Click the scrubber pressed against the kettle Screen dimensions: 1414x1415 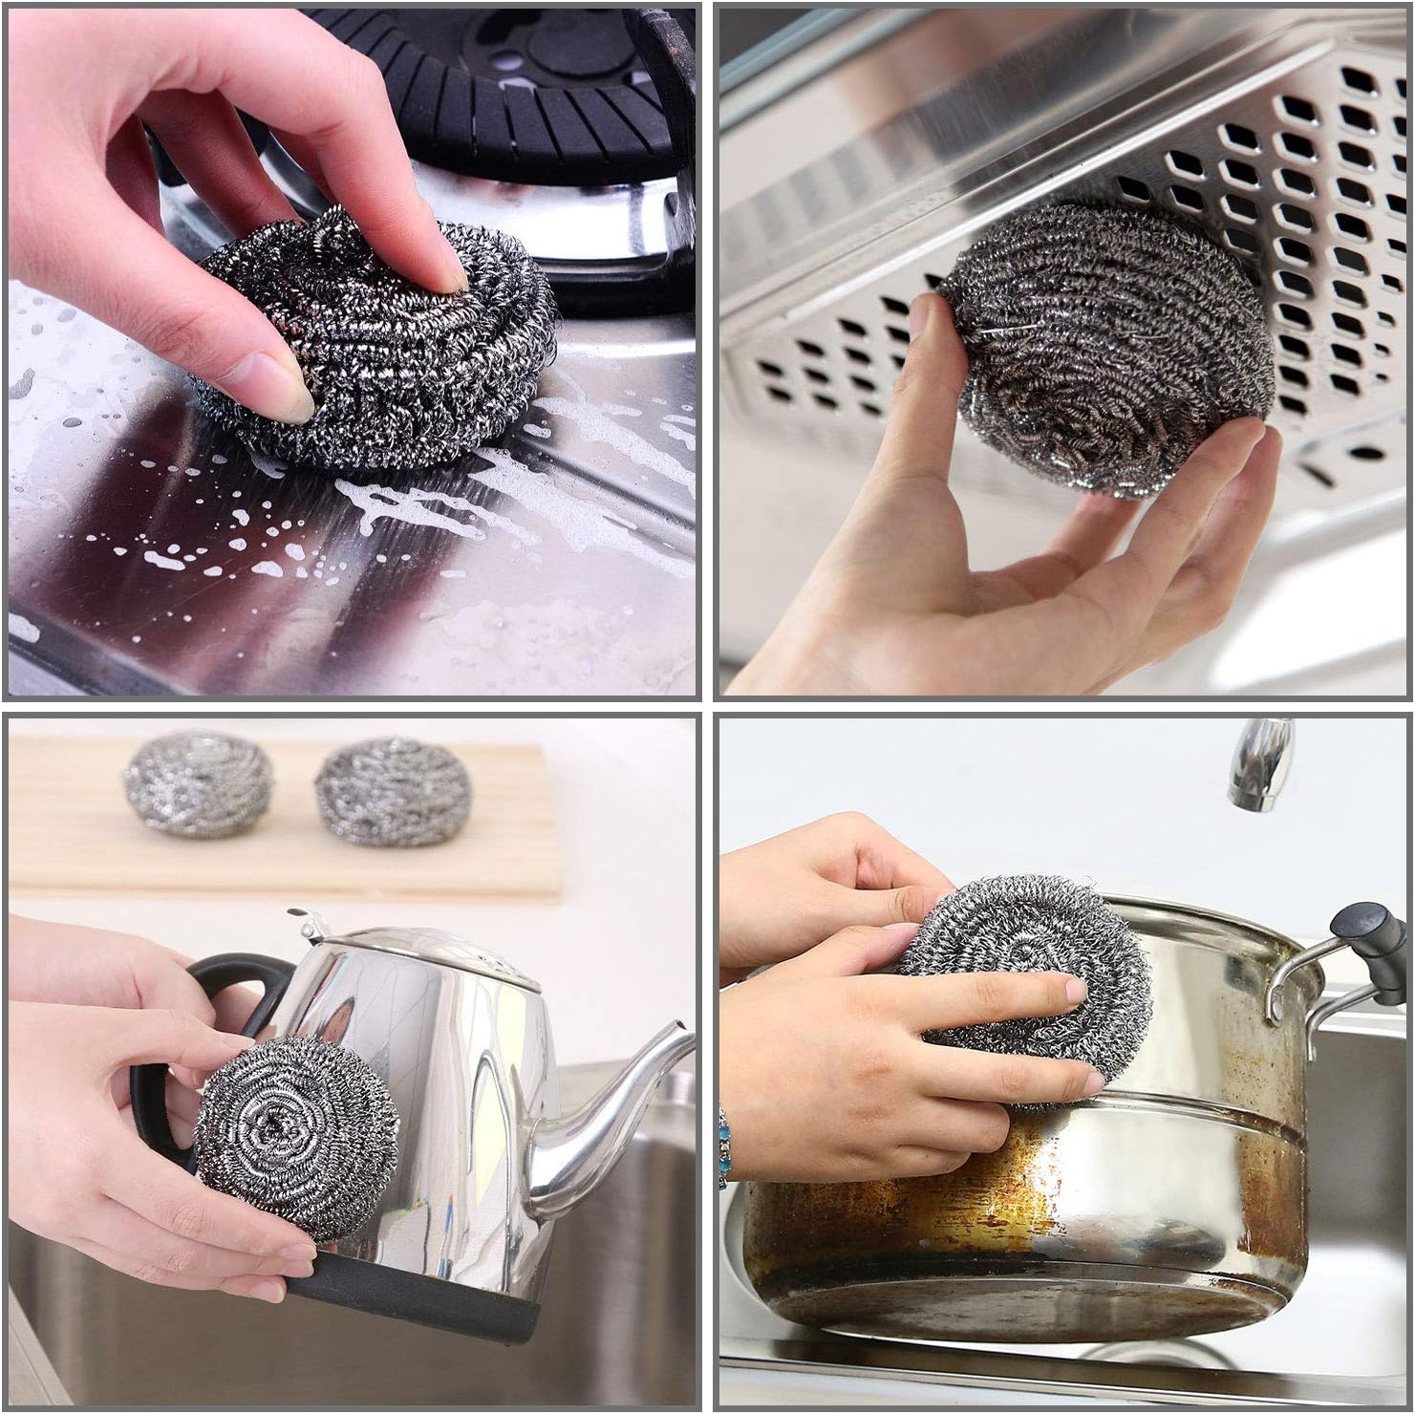296,1137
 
